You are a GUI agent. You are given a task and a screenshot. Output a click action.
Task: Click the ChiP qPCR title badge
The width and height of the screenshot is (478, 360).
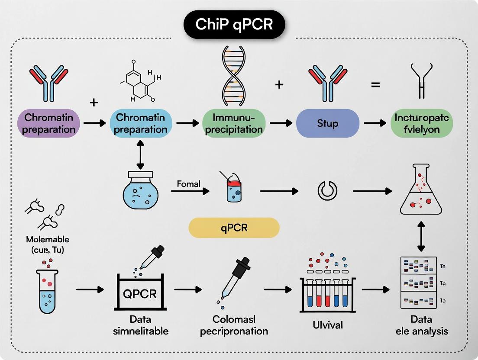tap(234, 25)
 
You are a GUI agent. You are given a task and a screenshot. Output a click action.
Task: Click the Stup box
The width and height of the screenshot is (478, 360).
tap(327, 123)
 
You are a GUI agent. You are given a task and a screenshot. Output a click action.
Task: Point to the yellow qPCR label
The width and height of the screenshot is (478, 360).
tap(234, 228)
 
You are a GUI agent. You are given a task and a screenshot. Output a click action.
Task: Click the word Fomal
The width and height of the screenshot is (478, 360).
tap(189, 184)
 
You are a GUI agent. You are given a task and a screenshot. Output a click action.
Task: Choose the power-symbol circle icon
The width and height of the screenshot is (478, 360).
tap(327, 190)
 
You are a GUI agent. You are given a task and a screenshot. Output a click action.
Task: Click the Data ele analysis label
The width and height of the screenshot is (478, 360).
tap(421, 325)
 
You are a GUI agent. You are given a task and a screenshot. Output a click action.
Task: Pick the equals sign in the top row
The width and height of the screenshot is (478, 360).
tap(375, 85)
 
